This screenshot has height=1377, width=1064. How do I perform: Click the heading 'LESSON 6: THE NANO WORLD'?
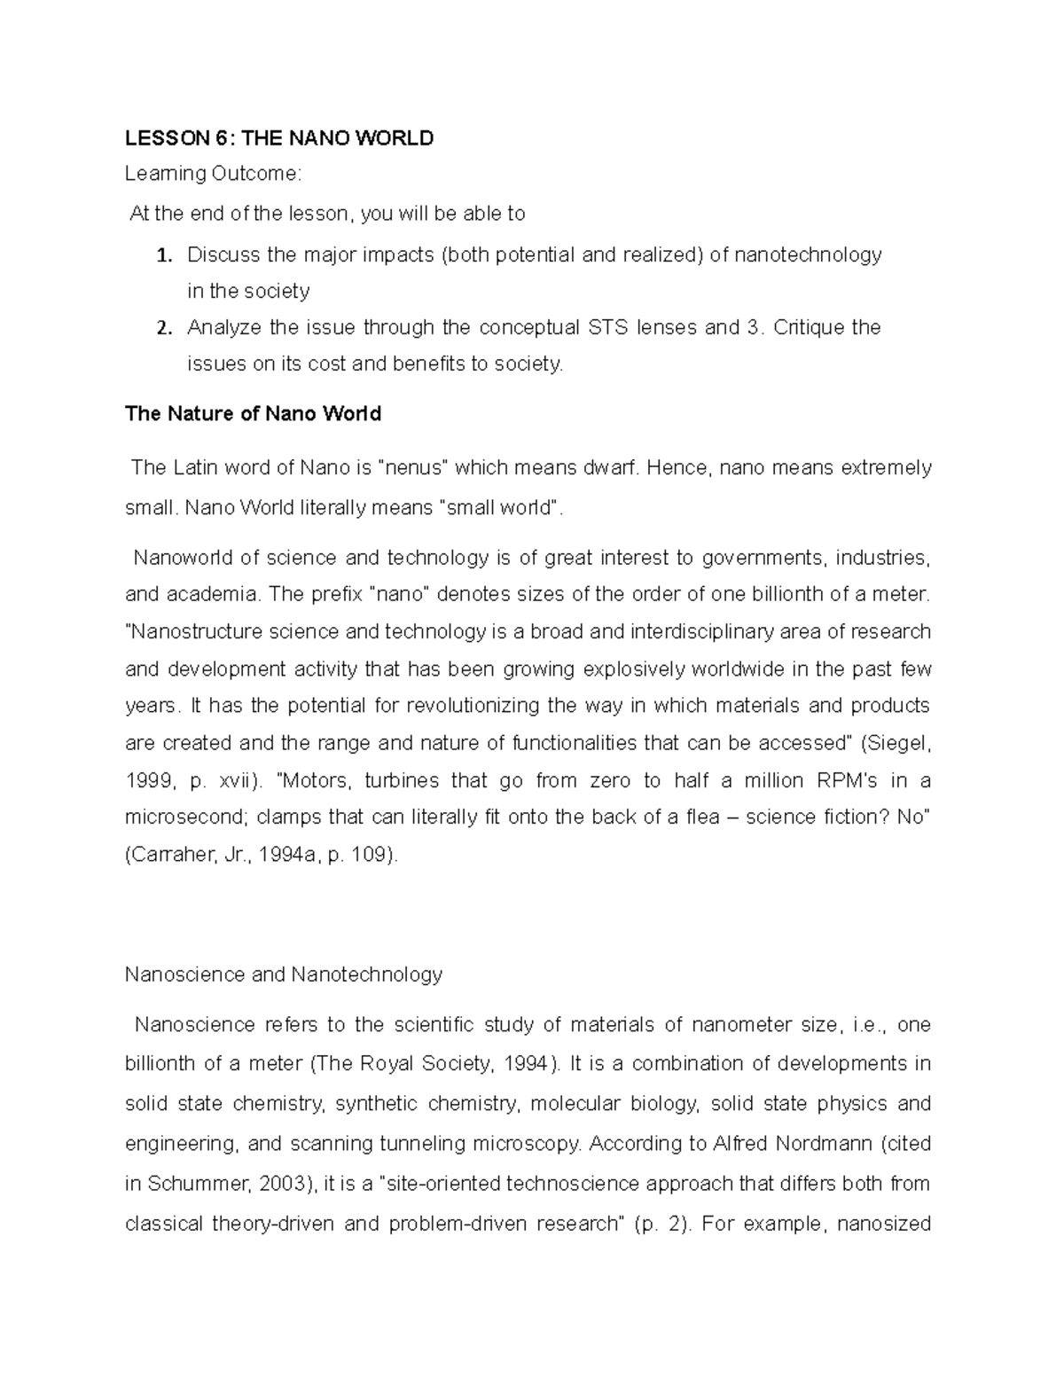point(279,137)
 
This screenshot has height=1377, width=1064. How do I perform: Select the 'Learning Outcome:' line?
point(213,174)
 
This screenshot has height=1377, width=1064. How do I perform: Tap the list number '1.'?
point(163,256)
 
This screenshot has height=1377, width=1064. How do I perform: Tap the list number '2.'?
point(163,328)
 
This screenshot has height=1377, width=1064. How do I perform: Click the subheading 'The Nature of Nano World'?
point(254,414)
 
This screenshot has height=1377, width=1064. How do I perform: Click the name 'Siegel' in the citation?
point(899,743)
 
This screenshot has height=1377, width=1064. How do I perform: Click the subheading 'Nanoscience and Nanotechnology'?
point(284,974)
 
